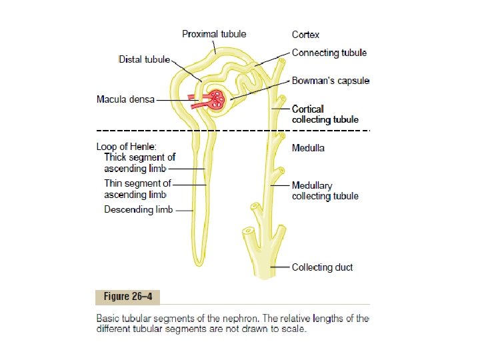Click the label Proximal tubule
214,34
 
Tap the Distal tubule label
145,59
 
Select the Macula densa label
125,100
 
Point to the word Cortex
306,34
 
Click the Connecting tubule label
329,53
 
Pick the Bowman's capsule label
331,81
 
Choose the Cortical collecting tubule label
325,114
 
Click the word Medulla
309,147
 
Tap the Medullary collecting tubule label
325,191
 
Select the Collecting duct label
323,267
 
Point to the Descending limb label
139,210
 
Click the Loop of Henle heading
127,146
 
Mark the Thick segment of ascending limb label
139,163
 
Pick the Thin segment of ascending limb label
137,189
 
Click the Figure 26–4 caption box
127,296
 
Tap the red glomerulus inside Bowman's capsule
217,101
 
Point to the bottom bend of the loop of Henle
198,259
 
